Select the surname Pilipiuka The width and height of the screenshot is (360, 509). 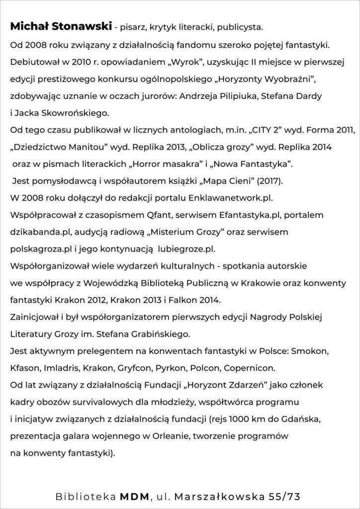point(270,95)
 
